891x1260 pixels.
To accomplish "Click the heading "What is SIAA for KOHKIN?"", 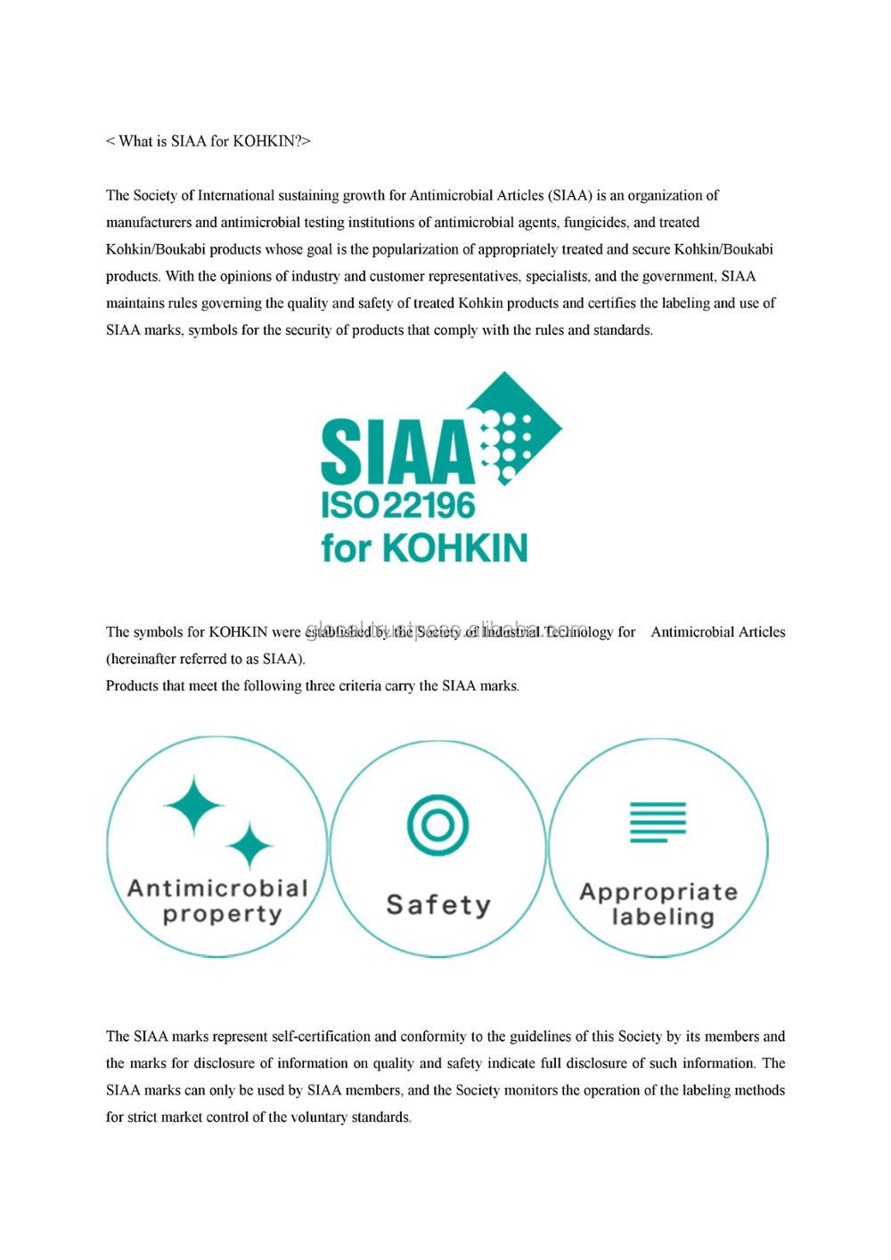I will [x=208, y=142].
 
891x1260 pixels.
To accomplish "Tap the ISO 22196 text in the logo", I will [x=398, y=506].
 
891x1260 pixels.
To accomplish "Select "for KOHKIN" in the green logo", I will [x=424, y=547].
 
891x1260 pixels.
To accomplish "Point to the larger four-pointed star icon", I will [x=193, y=805].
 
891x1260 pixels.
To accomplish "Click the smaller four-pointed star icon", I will [x=249, y=845].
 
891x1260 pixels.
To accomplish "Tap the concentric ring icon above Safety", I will [x=437, y=825].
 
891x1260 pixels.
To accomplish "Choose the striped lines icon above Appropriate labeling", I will [x=658, y=822].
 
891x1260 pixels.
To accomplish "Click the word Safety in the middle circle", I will [x=437, y=905].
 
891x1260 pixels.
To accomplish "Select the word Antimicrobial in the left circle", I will [x=217, y=888].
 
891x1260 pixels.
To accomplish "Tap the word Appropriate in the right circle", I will [x=658, y=892].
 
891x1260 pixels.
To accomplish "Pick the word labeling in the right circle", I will [x=663, y=917].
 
